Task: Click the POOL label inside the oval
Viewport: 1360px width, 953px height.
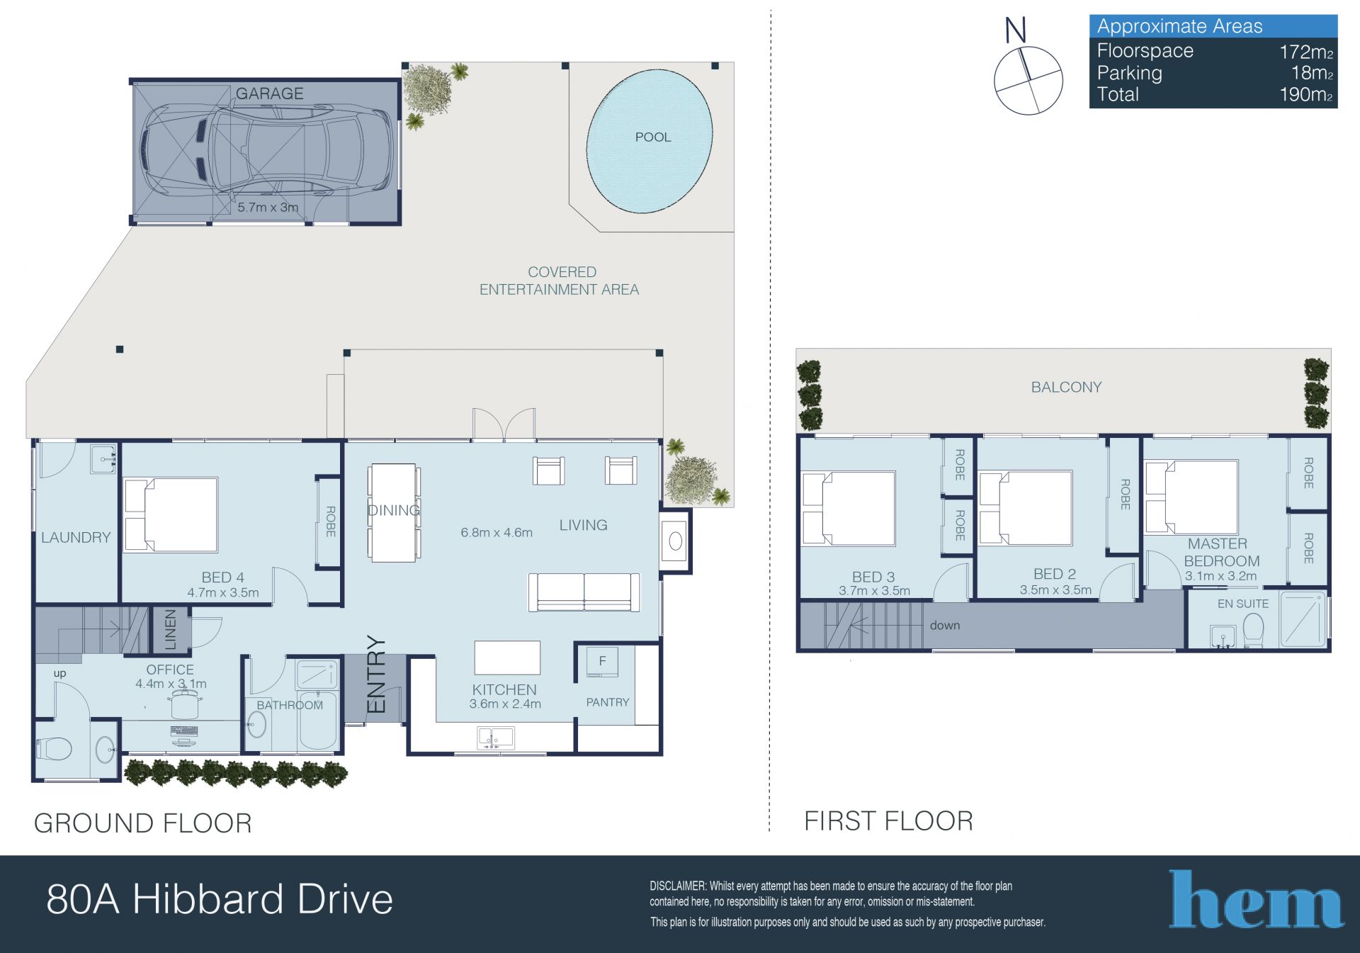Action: [652, 137]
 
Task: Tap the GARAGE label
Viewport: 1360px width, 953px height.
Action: [269, 94]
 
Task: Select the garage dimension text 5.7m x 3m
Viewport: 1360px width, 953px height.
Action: [268, 208]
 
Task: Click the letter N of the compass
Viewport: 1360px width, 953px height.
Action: [1015, 30]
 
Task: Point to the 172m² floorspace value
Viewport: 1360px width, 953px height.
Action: [1306, 52]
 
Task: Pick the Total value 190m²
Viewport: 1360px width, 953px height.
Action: [1306, 95]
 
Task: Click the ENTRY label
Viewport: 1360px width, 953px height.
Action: [376, 674]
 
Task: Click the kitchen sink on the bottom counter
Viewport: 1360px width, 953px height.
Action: [496, 738]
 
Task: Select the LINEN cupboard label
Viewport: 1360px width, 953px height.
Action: [171, 629]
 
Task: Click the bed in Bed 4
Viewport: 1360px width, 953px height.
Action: [171, 515]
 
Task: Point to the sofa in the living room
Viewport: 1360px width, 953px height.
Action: [584, 592]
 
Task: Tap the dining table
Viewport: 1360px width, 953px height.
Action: [393, 512]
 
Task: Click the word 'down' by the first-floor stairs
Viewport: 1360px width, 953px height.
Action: [945, 626]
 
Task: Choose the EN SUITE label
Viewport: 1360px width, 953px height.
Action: [1243, 604]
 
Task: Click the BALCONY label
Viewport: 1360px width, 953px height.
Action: [1066, 388]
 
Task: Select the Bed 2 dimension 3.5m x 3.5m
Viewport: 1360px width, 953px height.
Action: [1055, 590]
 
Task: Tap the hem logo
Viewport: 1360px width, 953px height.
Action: [1256, 899]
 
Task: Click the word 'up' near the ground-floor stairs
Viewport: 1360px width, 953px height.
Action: [59, 674]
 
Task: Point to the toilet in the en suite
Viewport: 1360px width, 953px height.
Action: [1253, 631]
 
